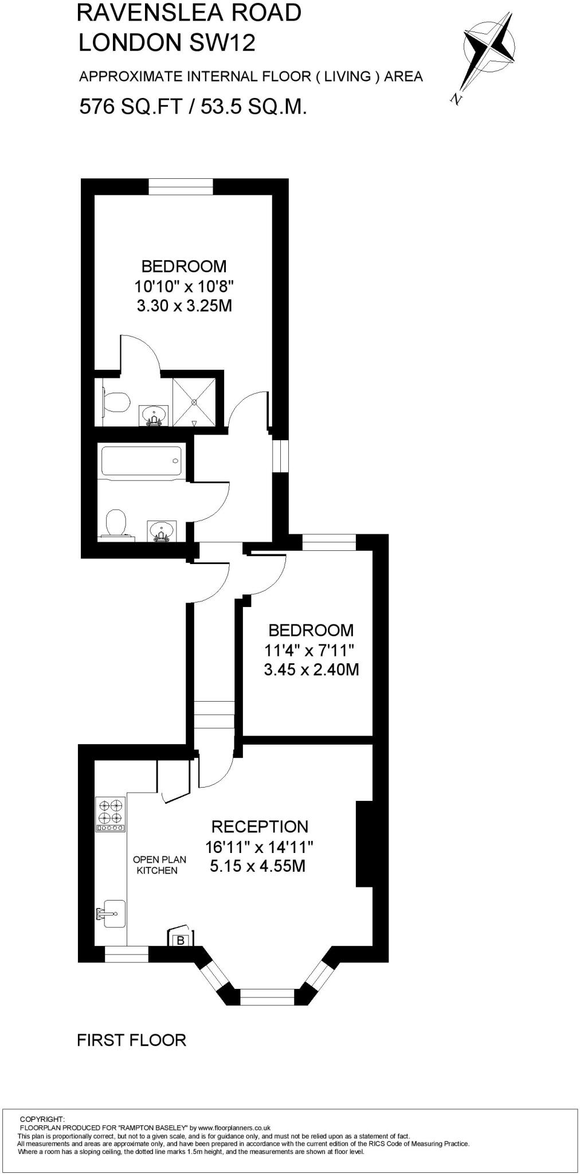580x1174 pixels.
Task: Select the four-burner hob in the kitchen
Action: tap(110, 815)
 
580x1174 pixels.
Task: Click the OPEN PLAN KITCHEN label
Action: tap(159, 865)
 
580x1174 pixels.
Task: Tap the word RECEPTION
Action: tap(260, 827)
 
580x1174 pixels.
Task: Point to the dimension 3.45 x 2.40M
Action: tap(311, 670)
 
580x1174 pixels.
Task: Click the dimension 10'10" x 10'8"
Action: tap(185, 285)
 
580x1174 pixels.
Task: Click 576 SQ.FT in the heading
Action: tap(131, 107)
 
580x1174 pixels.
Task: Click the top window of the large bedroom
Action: tap(181, 187)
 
